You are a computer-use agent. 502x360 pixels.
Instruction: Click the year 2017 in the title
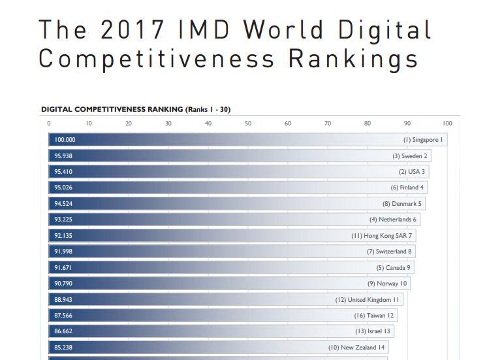click(133, 29)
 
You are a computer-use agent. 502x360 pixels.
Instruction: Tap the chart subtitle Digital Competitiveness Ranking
click(112, 109)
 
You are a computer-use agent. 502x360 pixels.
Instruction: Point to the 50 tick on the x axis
click(248, 123)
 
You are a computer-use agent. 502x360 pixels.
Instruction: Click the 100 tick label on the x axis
click(447, 123)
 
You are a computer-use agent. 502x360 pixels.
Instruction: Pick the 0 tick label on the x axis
click(49, 123)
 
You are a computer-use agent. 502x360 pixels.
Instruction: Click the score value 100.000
click(65, 140)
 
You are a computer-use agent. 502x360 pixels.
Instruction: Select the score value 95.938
click(63, 156)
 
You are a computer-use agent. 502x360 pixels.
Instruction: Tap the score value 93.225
click(63, 220)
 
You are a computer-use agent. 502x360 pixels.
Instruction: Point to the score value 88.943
click(63, 300)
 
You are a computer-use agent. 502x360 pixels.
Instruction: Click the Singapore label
click(425, 140)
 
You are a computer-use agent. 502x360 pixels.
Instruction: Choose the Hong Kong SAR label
click(385, 236)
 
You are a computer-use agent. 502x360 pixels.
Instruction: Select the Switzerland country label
click(391, 252)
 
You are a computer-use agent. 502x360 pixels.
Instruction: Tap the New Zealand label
click(358, 348)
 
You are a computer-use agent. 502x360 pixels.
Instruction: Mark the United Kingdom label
click(369, 300)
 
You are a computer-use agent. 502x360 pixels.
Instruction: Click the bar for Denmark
click(237, 204)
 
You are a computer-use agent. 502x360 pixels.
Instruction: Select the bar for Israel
click(221, 331)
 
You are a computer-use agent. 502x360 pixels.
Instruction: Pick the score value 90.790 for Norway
click(63, 284)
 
